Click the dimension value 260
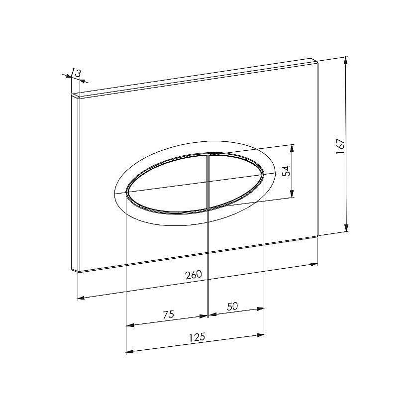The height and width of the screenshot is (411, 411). click(x=194, y=275)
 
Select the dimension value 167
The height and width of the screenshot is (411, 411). click(x=340, y=146)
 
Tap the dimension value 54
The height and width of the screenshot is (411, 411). click(x=288, y=171)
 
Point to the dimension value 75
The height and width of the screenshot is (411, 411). click(x=168, y=314)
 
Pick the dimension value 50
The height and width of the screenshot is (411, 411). click(x=232, y=306)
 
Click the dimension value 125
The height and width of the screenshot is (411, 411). click(x=197, y=337)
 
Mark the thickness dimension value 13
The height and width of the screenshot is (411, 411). click(x=77, y=73)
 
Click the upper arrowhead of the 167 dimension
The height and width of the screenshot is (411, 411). click(x=346, y=61)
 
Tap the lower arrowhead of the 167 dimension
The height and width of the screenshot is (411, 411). click(x=346, y=228)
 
